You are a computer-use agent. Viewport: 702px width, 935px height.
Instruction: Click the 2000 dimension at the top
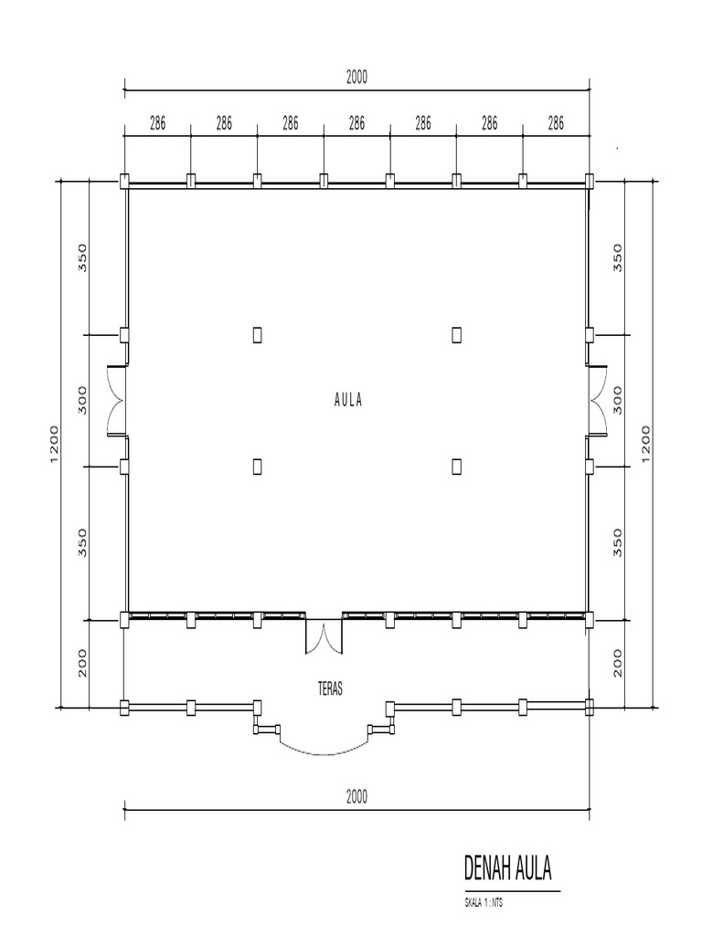coord(356,78)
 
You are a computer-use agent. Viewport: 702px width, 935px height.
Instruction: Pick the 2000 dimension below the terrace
coord(356,796)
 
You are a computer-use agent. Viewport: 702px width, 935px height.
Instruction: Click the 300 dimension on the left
coord(81,399)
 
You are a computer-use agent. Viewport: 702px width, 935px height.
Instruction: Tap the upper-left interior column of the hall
coord(258,335)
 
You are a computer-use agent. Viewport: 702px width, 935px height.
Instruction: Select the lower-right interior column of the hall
coord(456,467)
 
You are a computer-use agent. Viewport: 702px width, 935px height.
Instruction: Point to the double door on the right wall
coord(600,400)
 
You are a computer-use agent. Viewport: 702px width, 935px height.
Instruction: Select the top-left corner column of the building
coord(124,181)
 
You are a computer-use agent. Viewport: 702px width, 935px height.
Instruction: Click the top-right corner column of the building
coord(590,181)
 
